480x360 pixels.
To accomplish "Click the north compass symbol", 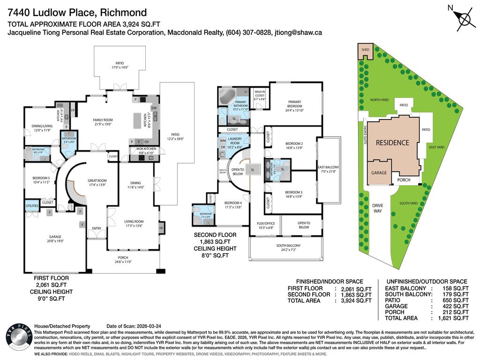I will click(464, 19).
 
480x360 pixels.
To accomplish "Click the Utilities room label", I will click(32, 206).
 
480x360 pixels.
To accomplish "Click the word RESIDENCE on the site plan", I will click(392, 142).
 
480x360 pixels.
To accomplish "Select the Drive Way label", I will click(377, 208).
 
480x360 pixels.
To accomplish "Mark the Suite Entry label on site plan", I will click(364, 140).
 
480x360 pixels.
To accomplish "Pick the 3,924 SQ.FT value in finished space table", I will click(356, 300).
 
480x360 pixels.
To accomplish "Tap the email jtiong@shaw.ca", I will click(293, 33).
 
